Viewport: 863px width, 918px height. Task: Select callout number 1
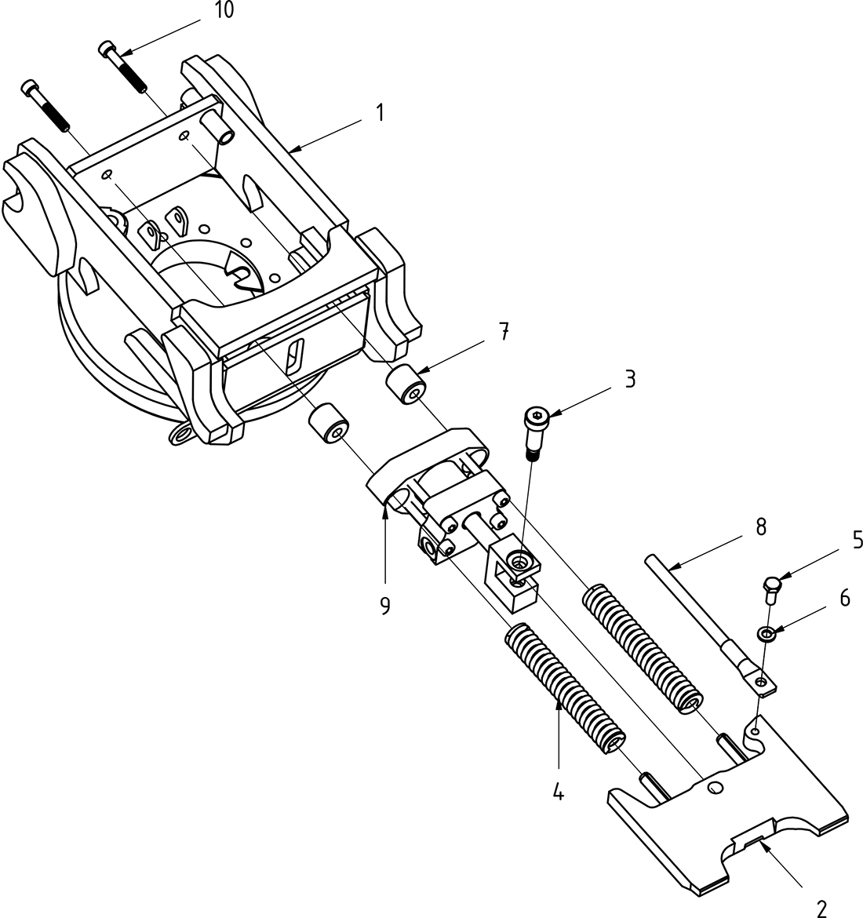click(x=380, y=113)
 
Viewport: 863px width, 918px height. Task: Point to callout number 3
click(x=629, y=379)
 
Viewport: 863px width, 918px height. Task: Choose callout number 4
click(x=558, y=792)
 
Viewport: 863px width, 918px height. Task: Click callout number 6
click(x=844, y=598)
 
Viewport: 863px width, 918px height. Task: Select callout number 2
click(x=821, y=909)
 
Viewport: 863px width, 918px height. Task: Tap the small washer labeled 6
click(x=767, y=633)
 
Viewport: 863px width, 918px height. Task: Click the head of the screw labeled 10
click(x=107, y=50)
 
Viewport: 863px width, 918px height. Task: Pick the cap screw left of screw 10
click(x=45, y=104)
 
